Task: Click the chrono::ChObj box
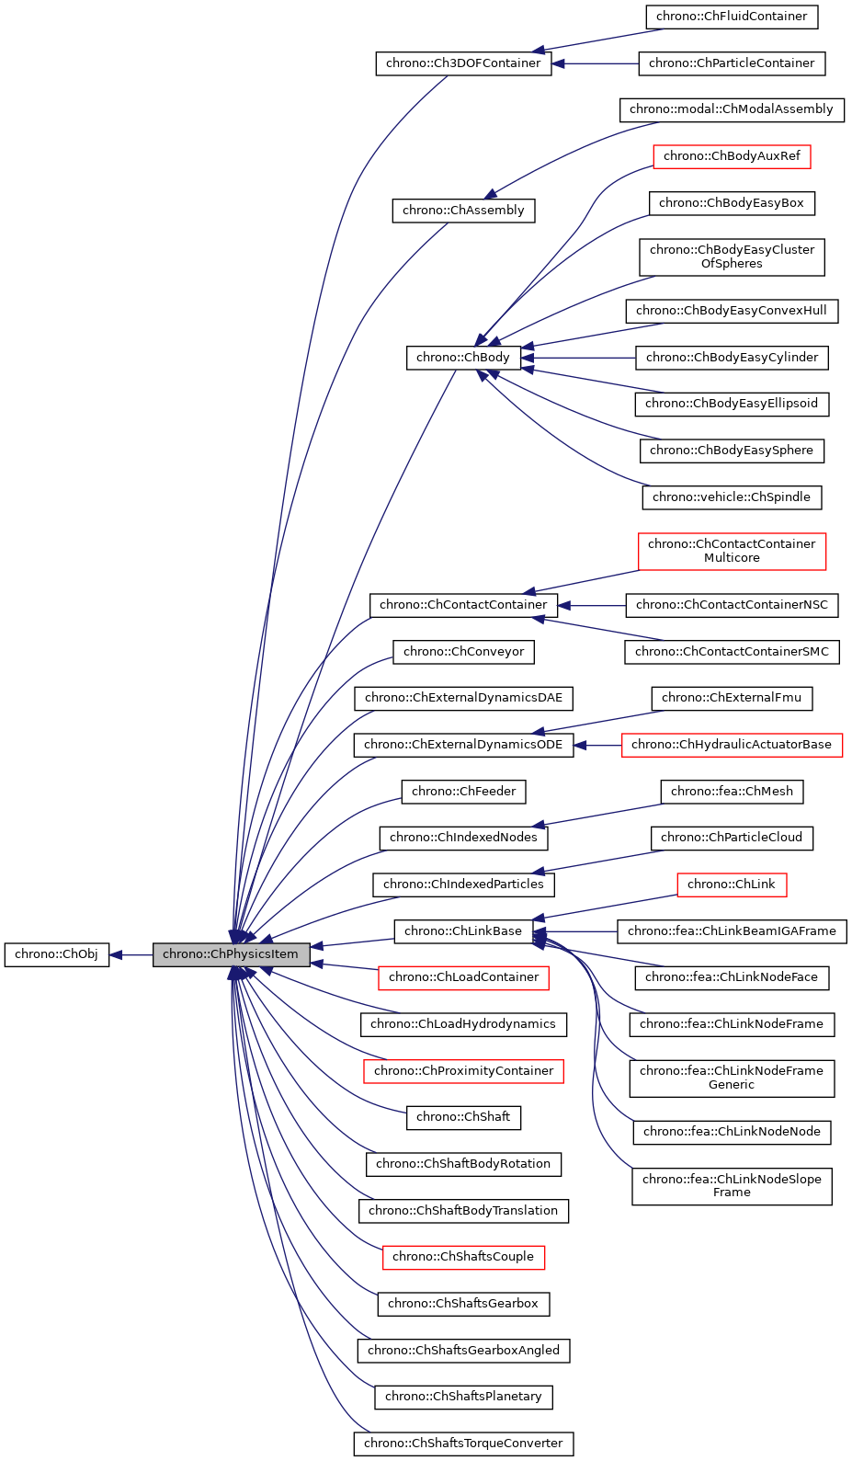[x=56, y=954]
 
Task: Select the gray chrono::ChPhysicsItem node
[x=231, y=954]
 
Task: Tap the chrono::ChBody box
[x=463, y=358]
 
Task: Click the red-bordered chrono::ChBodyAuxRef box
[x=732, y=156]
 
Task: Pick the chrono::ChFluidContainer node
[x=732, y=17]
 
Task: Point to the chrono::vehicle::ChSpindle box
[x=732, y=497]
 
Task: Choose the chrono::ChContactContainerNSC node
[x=732, y=605]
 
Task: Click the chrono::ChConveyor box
[x=463, y=652]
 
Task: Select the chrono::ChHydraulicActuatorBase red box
[x=732, y=745]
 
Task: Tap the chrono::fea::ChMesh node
[x=732, y=792]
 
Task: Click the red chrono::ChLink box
[x=732, y=885]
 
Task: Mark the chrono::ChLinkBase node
[x=463, y=931]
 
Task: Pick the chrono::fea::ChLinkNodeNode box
[x=732, y=1132]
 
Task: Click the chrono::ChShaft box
[x=463, y=1117]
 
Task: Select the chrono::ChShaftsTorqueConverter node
[x=463, y=1444]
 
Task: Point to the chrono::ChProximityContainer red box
[x=463, y=1071]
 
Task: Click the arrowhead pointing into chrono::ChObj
[x=117, y=955]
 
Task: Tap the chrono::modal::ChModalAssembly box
[x=732, y=109]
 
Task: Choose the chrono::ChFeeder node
[x=463, y=792]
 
